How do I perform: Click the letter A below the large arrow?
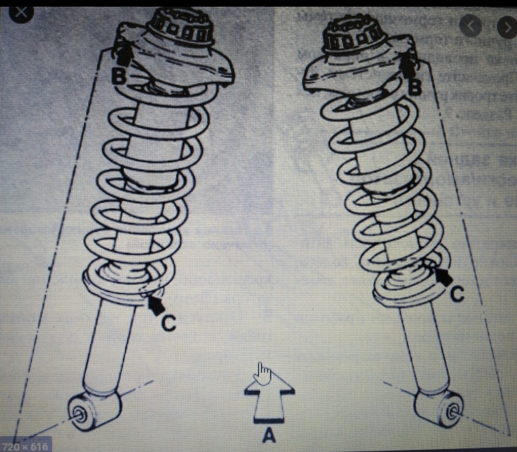(x=269, y=435)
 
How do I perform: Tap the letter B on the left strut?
(x=119, y=76)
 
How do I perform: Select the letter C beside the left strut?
(x=169, y=322)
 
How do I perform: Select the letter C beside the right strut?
(x=457, y=293)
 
